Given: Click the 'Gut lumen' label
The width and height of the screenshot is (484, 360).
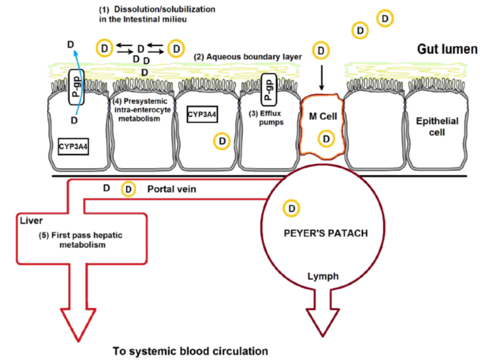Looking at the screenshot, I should tap(446, 49).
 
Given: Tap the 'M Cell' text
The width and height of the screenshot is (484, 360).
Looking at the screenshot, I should tap(322, 117).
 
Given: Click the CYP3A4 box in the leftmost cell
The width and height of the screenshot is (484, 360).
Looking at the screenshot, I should tap(73, 147).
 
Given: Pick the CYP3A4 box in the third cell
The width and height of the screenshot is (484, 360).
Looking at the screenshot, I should tap(202, 114).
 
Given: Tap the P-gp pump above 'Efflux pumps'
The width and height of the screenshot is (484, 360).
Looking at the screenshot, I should tap(268, 88).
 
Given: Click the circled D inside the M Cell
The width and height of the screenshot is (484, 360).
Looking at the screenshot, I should tap(326, 139).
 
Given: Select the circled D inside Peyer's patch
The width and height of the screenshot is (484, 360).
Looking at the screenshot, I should tap(292, 208).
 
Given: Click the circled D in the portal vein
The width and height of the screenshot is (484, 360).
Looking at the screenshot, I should tap(129, 189).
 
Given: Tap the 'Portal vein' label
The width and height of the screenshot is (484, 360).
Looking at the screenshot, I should tap(172, 189).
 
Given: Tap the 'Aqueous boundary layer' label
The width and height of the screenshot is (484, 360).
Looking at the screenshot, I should tap(248, 57).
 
